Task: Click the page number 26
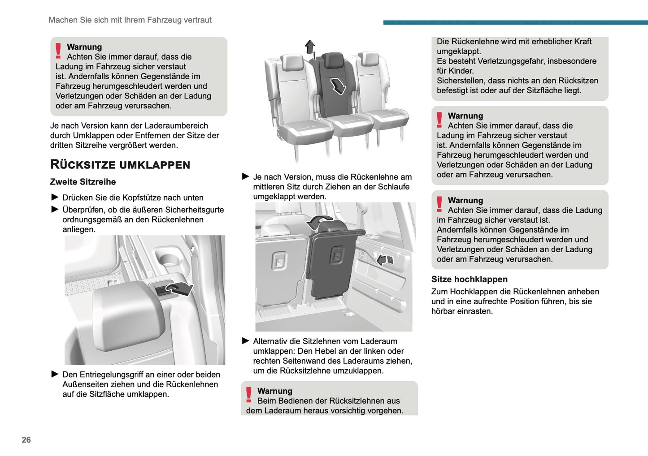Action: click(26, 440)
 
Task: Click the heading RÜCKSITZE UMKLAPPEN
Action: click(120, 165)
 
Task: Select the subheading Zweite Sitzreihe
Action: click(83, 182)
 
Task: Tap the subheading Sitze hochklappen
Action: click(470, 280)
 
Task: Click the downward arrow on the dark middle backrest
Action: click(338, 86)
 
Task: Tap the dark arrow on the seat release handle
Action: click(179, 289)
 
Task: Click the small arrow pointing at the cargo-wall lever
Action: click(382, 259)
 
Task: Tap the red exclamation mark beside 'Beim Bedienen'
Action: click(249, 395)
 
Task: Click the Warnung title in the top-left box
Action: click(84, 47)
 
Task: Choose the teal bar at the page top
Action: click(515, 22)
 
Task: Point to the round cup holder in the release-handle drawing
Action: click(169, 259)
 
